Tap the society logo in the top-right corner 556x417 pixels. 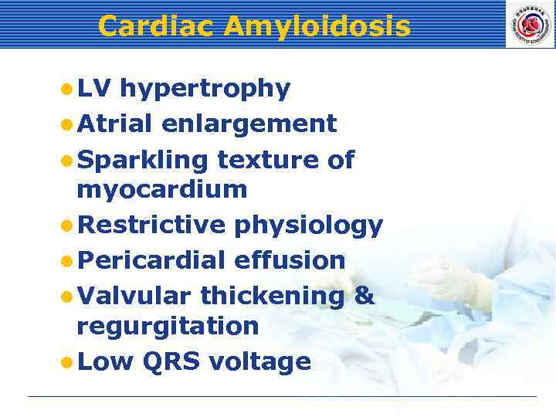pyautogui.click(x=530, y=24)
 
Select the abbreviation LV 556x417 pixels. pyautogui.click(x=94, y=89)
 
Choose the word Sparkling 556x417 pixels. pyautogui.click(x=143, y=161)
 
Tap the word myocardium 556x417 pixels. pyautogui.click(x=162, y=190)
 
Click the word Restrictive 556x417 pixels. pyautogui.click(x=151, y=225)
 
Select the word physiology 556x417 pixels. pyautogui.click(x=308, y=226)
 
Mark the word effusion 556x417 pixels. pyautogui.click(x=294, y=260)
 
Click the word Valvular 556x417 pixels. pyautogui.click(x=134, y=296)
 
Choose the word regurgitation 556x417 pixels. pyautogui.click(x=168, y=327)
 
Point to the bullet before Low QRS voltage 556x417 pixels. pyautogui.click(x=67, y=362)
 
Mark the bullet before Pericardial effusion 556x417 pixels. pyautogui.click(x=67, y=261)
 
